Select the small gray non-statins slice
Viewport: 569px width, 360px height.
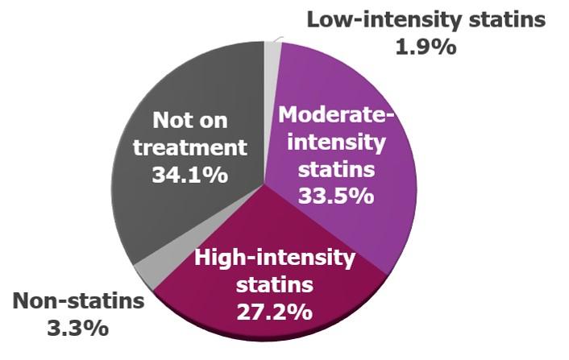pos(146,273)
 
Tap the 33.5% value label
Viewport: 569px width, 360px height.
pos(337,195)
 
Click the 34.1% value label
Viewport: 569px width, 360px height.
pos(189,173)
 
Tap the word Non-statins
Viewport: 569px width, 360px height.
pos(77,301)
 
